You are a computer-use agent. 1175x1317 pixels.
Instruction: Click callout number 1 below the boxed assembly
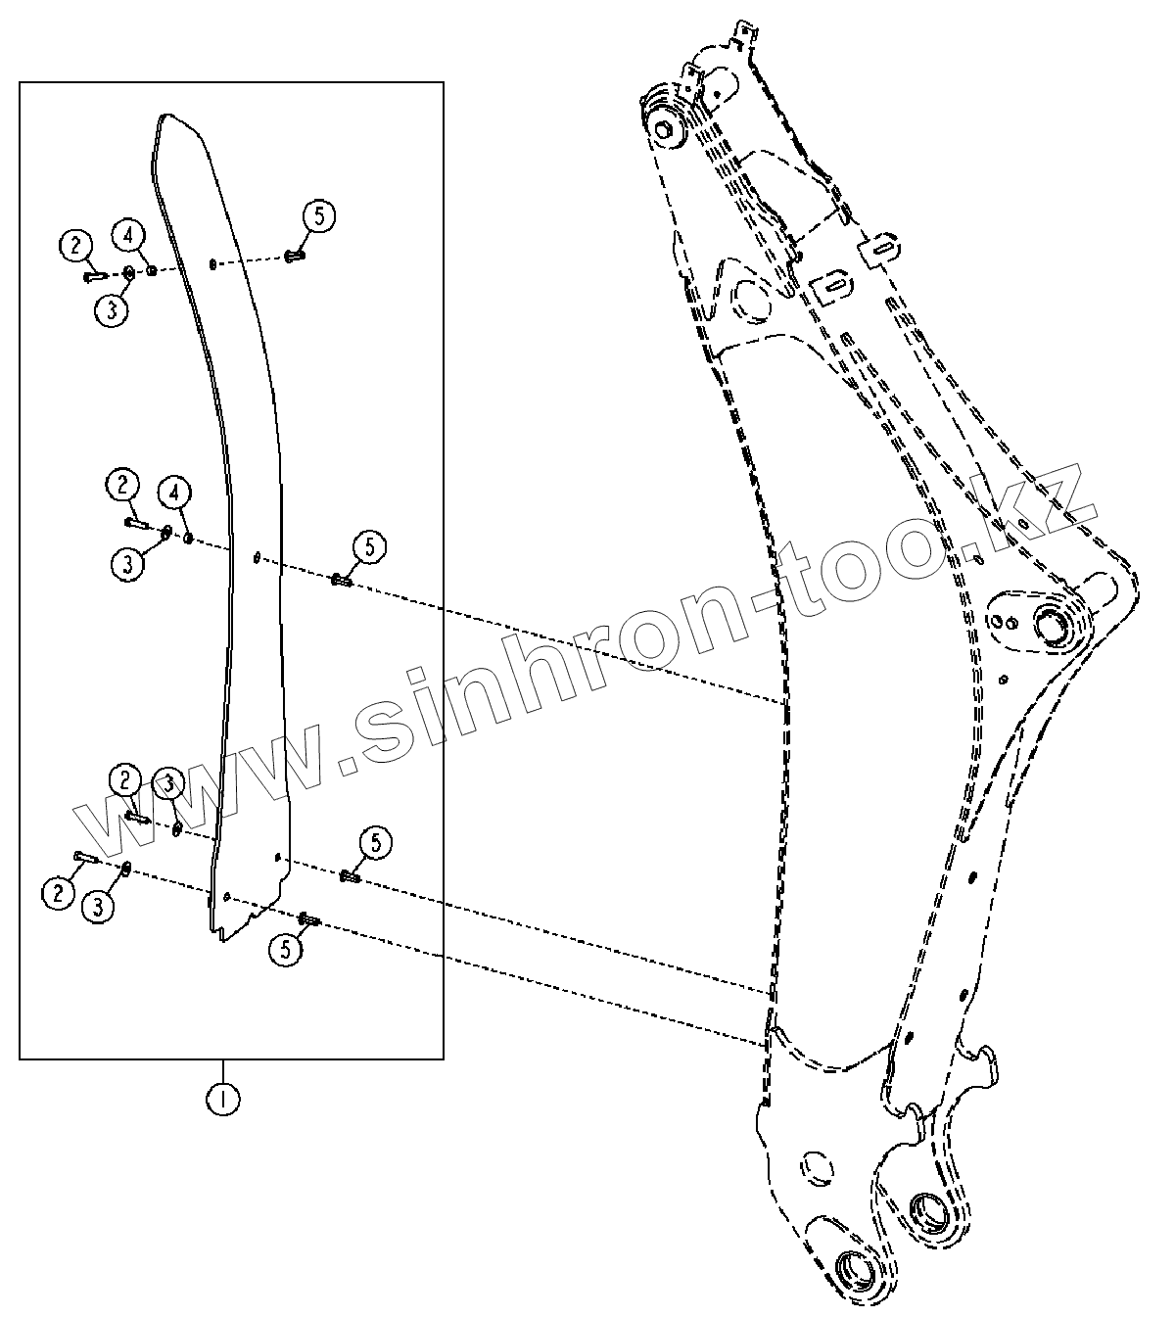point(223,1099)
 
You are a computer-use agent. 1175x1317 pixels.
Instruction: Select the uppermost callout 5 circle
point(319,215)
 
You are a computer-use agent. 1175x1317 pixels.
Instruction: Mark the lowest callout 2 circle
point(59,891)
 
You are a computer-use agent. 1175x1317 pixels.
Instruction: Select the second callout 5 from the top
point(370,547)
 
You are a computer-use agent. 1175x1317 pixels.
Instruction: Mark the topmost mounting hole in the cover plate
point(212,263)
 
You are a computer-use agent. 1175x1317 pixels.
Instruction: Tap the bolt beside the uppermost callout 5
point(295,258)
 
